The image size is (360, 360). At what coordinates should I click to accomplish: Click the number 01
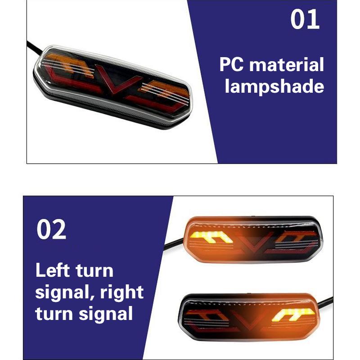[305, 20]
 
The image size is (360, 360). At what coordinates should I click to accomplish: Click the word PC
[232, 65]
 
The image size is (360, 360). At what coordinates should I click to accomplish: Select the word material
[287, 65]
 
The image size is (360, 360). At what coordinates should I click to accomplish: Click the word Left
[52, 271]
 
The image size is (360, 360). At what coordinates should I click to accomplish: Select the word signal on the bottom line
[107, 314]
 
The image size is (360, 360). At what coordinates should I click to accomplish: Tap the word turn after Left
[94, 271]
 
